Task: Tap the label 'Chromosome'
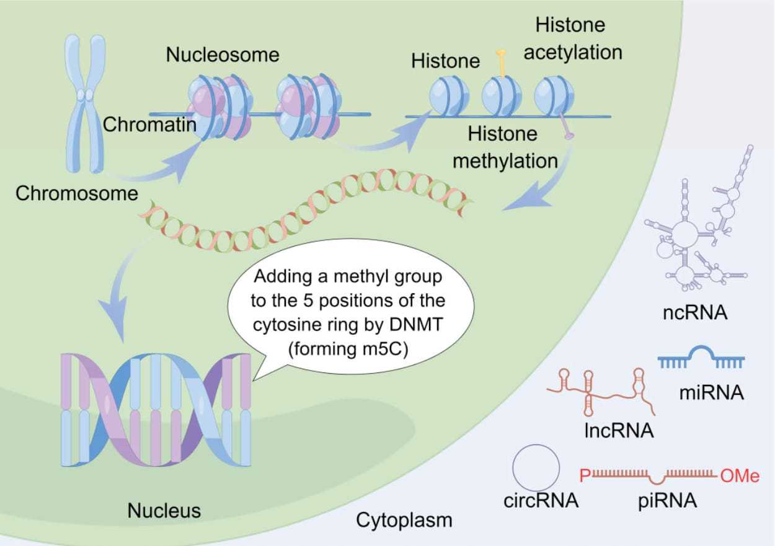coord(77,193)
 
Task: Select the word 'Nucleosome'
coord(223,55)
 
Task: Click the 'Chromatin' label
coord(149,125)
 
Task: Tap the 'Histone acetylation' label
coord(572,38)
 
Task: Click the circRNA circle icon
coord(536,468)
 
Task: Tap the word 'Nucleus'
coord(164,511)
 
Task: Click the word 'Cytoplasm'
coord(404,520)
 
